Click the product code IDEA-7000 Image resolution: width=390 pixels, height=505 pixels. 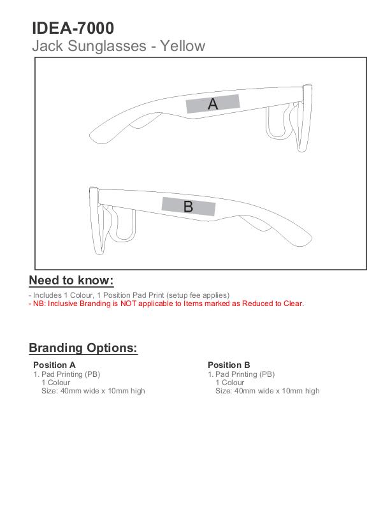click(73, 28)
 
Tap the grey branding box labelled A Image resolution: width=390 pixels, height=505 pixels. click(213, 104)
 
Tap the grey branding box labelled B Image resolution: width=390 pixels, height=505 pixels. click(188, 207)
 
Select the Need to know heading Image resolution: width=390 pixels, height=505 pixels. click(71, 281)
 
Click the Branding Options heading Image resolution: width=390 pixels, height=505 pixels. click(83, 348)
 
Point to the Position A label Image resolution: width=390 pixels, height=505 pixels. click(54, 365)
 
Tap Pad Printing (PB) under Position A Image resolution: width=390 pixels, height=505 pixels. click(70, 374)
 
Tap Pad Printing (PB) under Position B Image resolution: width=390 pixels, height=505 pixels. click(245, 374)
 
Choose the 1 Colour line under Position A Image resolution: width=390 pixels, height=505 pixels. click(55, 383)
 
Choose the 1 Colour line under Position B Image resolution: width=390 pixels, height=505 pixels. click(229, 383)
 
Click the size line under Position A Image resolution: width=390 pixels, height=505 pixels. click(93, 391)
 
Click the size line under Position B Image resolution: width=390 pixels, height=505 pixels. click(267, 391)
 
